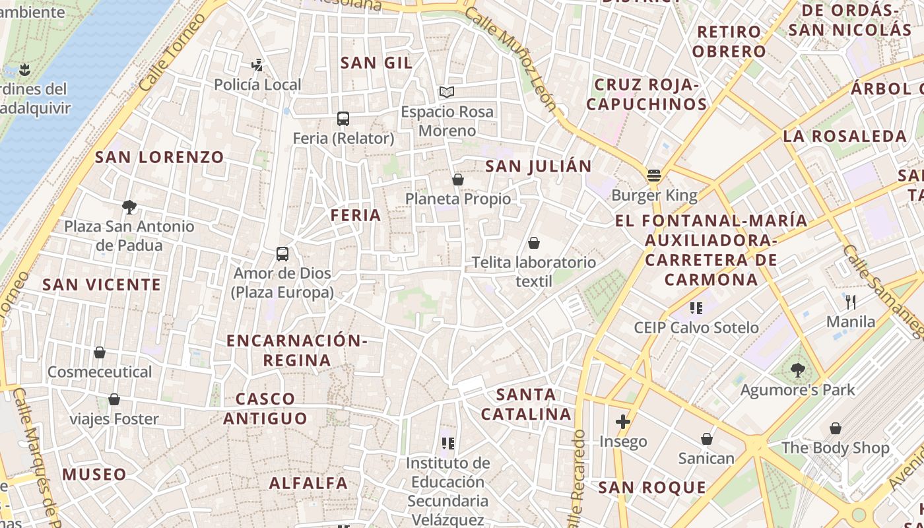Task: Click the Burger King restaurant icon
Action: point(654,176)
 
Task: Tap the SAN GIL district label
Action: point(376,63)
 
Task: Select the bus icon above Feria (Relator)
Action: point(343,119)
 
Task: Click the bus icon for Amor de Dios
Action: point(282,253)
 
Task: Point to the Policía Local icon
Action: point(257,65)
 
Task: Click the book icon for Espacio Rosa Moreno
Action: point(447,92)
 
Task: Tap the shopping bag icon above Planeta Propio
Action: point(458,180)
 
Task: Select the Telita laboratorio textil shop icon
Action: point(534,243)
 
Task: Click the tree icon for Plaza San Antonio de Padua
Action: point(129,207)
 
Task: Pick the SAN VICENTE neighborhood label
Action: point(102,284)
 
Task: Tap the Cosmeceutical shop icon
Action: point(100,352)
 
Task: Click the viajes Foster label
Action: point(114,419)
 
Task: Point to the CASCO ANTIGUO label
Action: point(265,409)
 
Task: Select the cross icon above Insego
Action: point(623,421)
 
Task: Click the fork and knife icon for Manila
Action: point(851,302)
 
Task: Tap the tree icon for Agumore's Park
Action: point(798,370)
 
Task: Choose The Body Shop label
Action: point(836,447)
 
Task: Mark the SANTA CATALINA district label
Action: point(526,405)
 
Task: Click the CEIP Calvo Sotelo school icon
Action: point(696,308)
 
